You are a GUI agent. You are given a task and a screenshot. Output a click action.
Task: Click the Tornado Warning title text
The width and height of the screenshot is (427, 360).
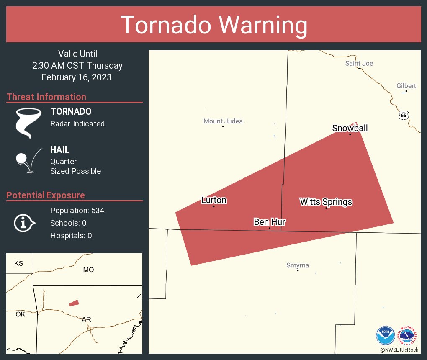[x=213, y=25]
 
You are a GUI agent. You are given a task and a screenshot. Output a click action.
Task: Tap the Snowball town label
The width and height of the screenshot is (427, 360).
[x=350, y=128]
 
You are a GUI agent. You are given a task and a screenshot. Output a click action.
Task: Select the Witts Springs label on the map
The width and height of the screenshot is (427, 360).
[x=326, y=202]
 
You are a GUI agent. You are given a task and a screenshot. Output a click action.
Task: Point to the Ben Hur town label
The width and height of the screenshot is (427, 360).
[x=270, y=222]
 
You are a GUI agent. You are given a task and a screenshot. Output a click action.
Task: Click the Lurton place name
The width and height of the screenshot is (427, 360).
[x=214, y=200]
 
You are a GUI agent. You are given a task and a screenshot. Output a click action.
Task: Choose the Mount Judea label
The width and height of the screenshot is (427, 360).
[x=223, y=121]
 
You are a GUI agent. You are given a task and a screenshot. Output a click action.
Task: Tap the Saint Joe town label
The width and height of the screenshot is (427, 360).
[x=359, y=63]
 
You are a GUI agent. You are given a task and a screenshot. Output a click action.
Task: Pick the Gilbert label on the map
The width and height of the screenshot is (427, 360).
[x=406, y=86]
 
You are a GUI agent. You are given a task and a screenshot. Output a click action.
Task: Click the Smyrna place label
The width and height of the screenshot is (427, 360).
[x=298, y=265]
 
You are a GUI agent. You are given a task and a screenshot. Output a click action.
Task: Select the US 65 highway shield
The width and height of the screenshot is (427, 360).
[x=403, y=115]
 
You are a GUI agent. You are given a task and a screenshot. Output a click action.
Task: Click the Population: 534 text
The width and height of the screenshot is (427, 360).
[x=77, y=210]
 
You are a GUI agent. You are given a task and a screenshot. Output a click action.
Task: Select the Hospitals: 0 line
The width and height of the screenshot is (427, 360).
[x=71, y=236]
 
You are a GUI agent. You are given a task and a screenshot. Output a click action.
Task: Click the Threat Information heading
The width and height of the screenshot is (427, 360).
[x=46, y=97]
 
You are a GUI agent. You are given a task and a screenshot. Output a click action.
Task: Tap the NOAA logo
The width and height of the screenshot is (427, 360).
[x=385, y=336]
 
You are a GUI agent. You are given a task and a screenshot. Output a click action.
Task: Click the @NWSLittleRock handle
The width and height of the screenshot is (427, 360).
[x=399, y=349]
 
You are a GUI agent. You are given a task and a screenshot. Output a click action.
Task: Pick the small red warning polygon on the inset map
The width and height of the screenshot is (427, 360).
[x=74, y=303]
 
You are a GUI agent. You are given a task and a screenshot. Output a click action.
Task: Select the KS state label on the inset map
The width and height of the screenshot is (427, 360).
[x=19, y=263]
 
